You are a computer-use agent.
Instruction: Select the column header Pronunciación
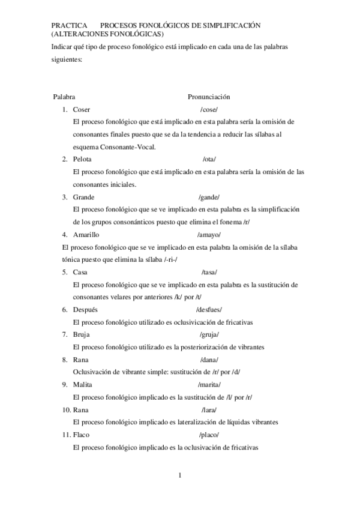pos(209,97)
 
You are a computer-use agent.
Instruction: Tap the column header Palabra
pos(64,97)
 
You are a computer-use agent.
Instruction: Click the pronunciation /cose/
pos(209,109)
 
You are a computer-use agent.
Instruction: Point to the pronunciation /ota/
pos(209,159)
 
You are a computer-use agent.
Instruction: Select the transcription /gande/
pos(209,197)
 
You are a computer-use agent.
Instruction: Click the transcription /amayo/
pos(209,235)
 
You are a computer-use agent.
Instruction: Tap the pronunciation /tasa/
pos(209,272)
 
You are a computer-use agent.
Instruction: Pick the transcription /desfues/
pos(209,309)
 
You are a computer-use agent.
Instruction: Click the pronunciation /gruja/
pos(209,334)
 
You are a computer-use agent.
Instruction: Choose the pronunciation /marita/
pos(209,385)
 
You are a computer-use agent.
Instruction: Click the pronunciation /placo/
pos(209,435)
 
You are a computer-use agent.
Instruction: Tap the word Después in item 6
pos(85,309)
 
